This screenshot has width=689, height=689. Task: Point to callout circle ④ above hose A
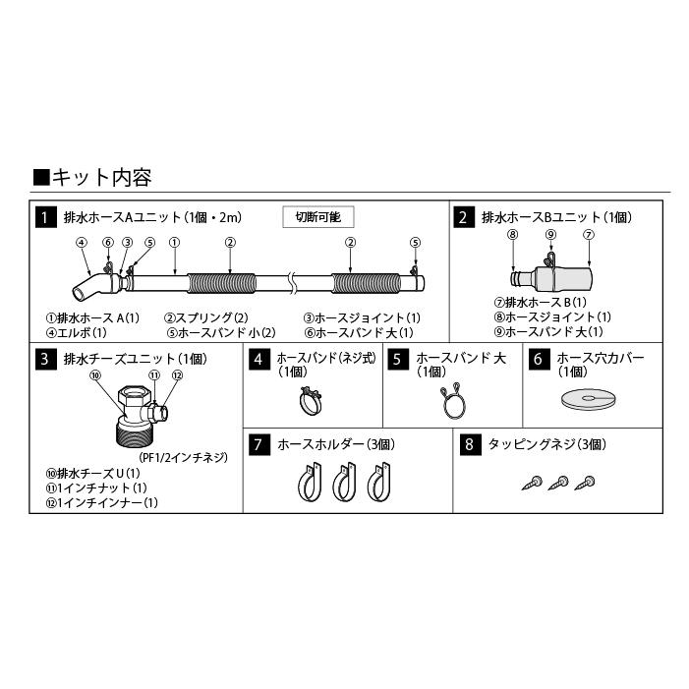pos(81,243)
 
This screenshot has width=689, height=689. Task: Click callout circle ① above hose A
pos(173,243)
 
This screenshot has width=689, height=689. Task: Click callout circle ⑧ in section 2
pos(512,234)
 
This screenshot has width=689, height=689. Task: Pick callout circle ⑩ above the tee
pos(94,375)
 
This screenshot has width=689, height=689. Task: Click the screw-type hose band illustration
pos(313,399)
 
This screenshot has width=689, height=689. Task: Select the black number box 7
pos(256,445)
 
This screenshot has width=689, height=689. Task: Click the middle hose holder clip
pos(341,484)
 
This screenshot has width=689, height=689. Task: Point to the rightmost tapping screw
pos(589,481)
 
